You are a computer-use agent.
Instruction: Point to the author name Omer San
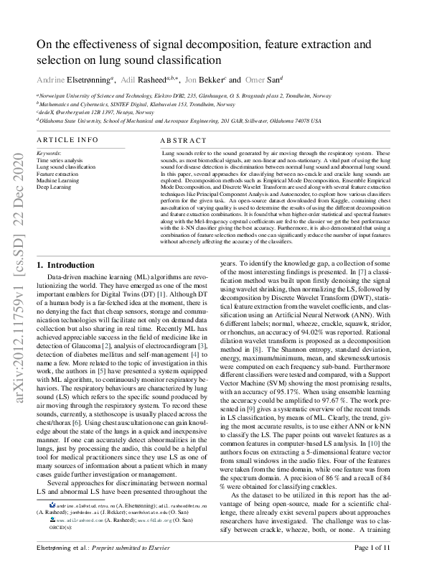click(255, 80)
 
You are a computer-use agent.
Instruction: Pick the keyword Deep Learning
click(52, 187)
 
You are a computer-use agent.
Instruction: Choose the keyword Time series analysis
click(60, 161)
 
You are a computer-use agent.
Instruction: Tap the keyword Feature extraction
click(57, 174)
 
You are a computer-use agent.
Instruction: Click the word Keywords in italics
click(49, 154)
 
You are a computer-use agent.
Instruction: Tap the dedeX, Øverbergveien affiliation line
click(86, 113)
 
